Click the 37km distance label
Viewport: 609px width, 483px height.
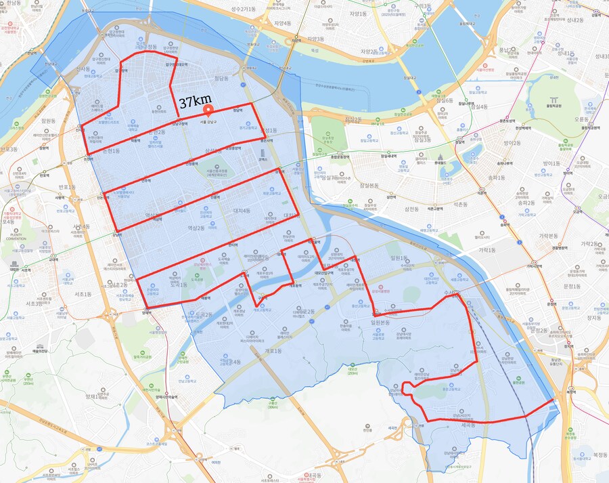tap(196, 103)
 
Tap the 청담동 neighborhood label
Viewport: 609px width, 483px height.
tap(221, 79)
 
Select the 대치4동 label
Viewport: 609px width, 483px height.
tap(242, 211)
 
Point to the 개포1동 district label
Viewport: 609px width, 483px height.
tap(273, 351)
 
